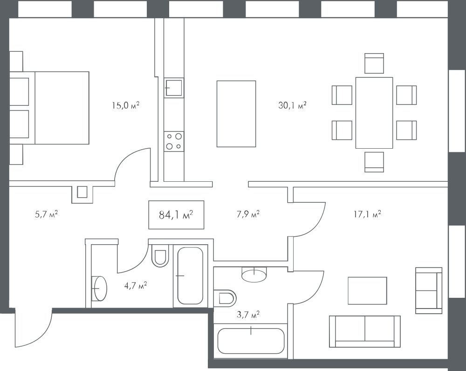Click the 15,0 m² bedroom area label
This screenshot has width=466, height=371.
(125, 105)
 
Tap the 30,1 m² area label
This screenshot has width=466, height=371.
(292, 105)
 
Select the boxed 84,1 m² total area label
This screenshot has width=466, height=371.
(176, 215)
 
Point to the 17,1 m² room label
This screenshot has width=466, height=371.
(367, 214)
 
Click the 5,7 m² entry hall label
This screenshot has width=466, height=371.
(46, 214)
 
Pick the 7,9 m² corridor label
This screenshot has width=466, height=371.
(248, 214)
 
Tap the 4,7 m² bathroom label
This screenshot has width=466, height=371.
(136, 286)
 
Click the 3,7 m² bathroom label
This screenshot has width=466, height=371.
(248, 315)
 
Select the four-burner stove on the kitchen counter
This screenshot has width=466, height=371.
(174, 142)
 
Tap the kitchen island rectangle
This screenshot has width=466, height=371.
(236, 114)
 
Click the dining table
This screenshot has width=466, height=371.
(374, 113)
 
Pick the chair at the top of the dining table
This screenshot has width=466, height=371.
(374, 63)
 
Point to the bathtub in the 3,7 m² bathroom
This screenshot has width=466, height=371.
(251, 341)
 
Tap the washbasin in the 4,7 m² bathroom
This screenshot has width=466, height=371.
(100, 289)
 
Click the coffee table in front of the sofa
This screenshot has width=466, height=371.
(367, 291)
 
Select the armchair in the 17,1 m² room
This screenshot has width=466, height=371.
(429, 290)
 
